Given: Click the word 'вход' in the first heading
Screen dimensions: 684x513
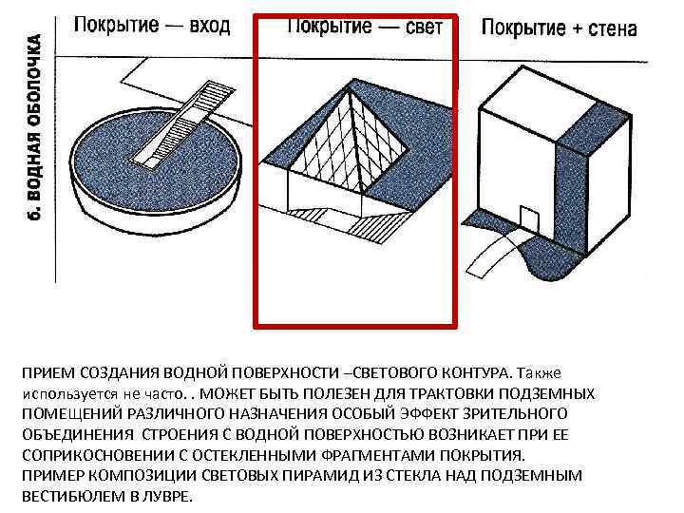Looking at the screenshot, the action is point(210,25).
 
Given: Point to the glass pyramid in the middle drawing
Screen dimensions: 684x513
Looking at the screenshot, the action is point(351,142).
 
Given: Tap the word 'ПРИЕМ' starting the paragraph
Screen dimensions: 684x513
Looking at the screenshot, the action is point(47,371).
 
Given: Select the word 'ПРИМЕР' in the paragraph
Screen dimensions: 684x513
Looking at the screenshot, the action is point(50,476).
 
